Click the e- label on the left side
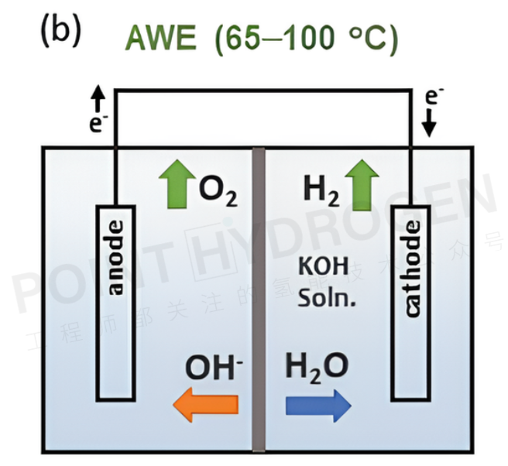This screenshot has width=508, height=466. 98,123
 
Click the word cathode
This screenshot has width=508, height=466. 411,268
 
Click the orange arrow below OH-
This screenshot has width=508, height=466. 204,404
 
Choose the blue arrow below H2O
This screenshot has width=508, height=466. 318,404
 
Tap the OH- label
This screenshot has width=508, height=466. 213,367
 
